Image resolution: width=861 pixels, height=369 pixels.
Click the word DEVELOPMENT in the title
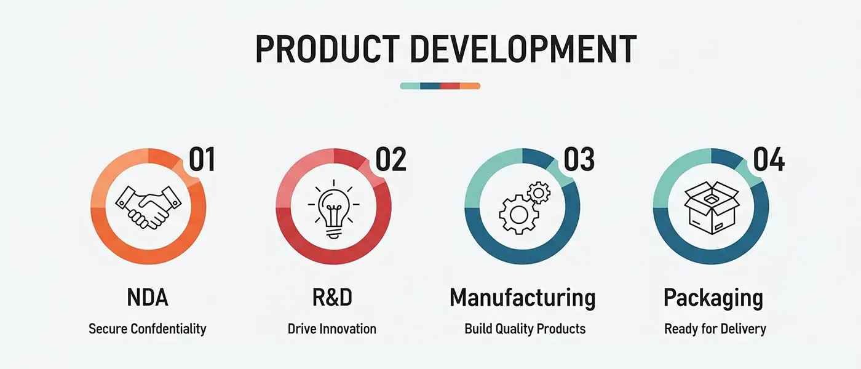pos(523,49)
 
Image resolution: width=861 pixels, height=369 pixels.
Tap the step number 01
pos(202,159)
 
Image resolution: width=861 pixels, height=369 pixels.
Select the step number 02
pos(391,159)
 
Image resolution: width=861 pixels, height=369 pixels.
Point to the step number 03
pos(579,159)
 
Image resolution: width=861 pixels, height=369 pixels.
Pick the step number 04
pos(768,159)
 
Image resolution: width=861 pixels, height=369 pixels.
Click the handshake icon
pos(148,208)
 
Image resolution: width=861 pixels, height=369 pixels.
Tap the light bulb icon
pos(333,208)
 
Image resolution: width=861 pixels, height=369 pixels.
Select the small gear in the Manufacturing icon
pos(539,192)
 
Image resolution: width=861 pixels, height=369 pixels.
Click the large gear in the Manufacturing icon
pos(518,215)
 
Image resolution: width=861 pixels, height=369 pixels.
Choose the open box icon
pos(712,208)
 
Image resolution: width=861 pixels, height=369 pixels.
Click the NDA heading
pos(148,298)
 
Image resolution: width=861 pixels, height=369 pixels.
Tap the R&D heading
pos(332,298)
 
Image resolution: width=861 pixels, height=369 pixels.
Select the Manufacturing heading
pos(523,298)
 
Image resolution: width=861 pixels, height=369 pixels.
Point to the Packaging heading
pos(713,299)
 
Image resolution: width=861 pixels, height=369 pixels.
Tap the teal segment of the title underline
pos(410,86)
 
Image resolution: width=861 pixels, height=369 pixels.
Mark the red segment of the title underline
pos(450,86)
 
